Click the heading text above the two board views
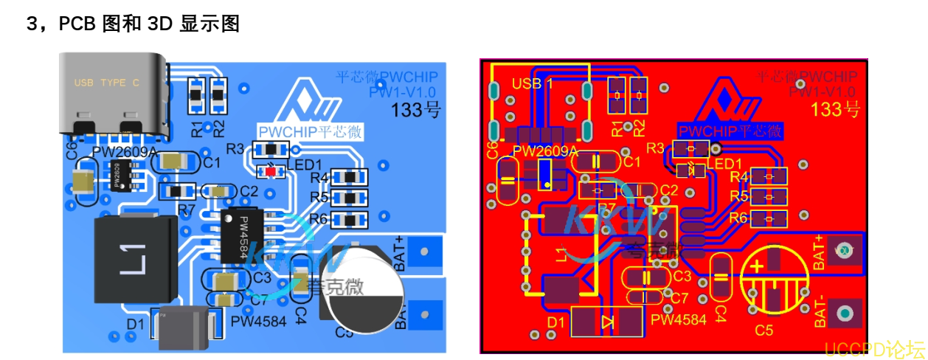(x=133, y=24)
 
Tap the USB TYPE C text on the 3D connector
(x=106, y=83)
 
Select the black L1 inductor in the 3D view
(x=136, y=260)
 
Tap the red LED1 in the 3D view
(x=270, y=171)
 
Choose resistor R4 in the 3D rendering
(x=348, y=177)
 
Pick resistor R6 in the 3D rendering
(x=348, y=219)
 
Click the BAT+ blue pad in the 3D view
(x=424, y=252)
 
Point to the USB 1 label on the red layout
(x=532, y=83)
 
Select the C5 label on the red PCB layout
(x=764, y=331)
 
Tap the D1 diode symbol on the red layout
(x=607, y=321)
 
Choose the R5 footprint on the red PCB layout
(x=769, y=197)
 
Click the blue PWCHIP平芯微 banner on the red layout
(x=730, y=131)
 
